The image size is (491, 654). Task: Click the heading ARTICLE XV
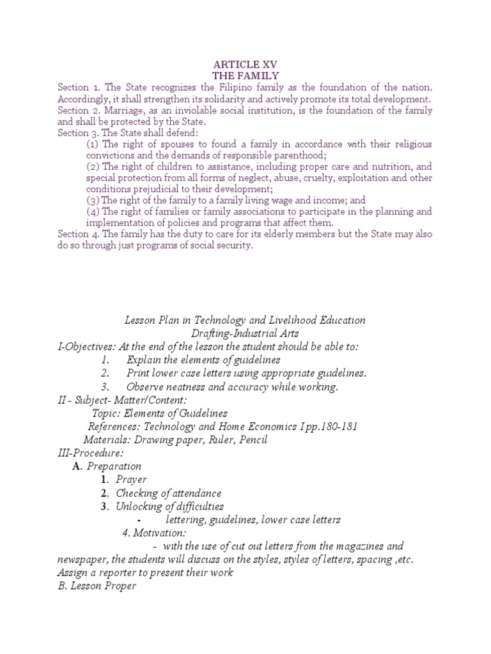[245, 65]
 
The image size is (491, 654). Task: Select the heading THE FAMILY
[245, 76]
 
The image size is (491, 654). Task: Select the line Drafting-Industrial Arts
[245, 333]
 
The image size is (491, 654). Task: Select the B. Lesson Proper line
[97, 586]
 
